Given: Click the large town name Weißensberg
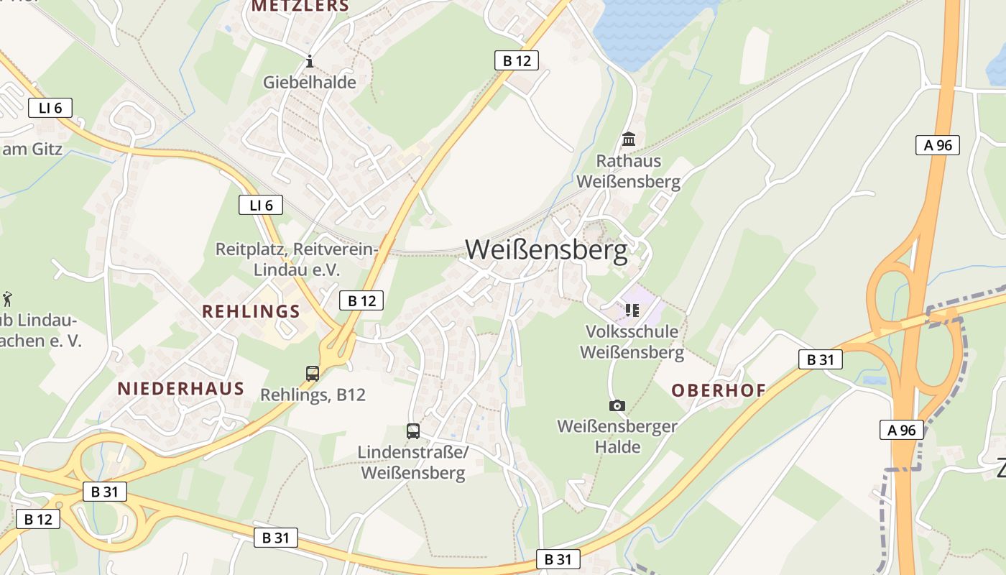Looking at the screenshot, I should coord(546,249).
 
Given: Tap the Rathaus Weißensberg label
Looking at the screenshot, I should coord(628,171).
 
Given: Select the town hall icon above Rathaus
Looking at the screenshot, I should coord(629,138).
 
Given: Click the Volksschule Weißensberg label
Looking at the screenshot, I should coord(632,342).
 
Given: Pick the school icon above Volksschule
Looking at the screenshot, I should coord(632,310).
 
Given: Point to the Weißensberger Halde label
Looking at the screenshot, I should coord(617,436).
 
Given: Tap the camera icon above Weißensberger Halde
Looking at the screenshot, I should coord(617,406).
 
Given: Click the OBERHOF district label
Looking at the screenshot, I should coord(718,390).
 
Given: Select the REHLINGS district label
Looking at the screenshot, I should coord(251,311).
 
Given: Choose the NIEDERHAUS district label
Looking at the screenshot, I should coord(181,389).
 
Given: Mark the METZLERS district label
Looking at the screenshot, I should coord(300,6).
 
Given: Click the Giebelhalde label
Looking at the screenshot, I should coord(310,82).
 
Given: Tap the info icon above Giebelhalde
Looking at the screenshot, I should coord(310,61).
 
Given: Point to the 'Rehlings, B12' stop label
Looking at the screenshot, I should coord(313,395).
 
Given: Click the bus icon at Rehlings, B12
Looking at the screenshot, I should coord(313,373).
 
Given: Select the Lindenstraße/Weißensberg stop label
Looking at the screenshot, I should coord(413,462).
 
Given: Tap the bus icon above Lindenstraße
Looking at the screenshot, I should coord(413,431).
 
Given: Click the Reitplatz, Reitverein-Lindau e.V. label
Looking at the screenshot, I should coord(297,259).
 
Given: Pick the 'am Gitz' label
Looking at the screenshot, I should coord(32,149).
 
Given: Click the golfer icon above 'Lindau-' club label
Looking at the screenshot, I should coord(8,298).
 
